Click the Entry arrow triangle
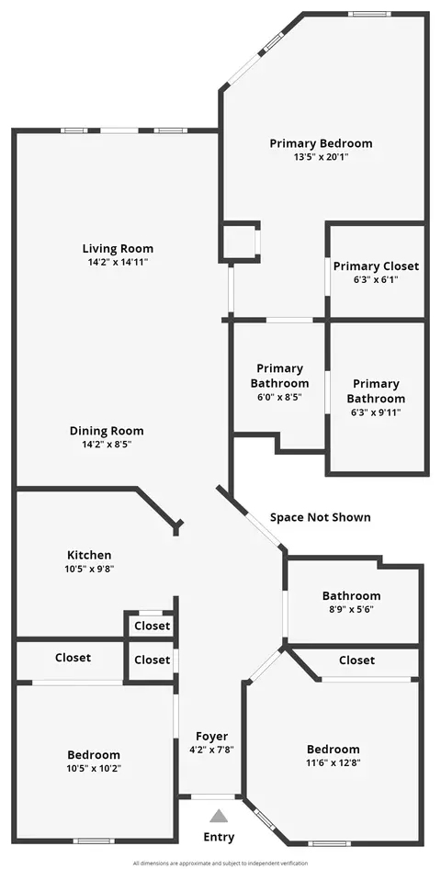pos(220,816)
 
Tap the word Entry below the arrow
pos(219,837)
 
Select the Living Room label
pos(118,248)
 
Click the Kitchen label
pos(89,555)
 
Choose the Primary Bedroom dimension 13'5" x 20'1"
pos(321,157)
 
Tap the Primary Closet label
pos(376,266)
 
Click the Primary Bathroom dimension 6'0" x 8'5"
pos(279,397)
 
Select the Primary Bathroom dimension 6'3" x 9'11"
pos(376,412)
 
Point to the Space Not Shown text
pos(321,517)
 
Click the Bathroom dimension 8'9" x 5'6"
pos(351,609)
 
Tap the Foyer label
pos(211,737)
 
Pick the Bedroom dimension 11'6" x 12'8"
pos(333,762)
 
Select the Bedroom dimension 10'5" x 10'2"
pos(94,768)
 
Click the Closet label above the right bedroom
pos(356,660)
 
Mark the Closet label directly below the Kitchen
pos(153,626)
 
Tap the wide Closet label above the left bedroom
pos(73,658)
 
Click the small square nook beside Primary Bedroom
pos(240,241)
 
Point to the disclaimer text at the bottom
pos(220,863)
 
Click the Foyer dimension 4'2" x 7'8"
pos(211,750)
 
